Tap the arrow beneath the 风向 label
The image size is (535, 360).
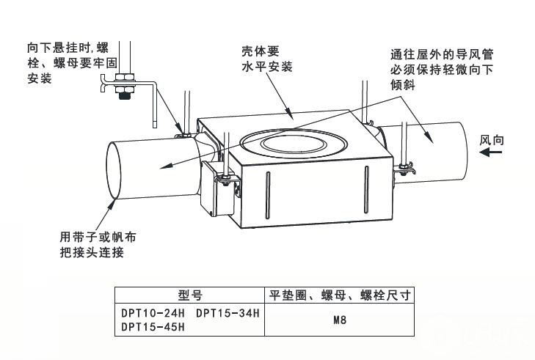tap(491, 153)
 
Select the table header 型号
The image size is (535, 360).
tap(189, 295)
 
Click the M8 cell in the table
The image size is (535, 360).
tap(339, 320)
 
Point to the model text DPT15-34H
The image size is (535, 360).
tap(228, 313)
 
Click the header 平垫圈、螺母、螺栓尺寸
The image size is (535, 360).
tap(339, 295)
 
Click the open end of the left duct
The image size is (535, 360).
tap(117, 169)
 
